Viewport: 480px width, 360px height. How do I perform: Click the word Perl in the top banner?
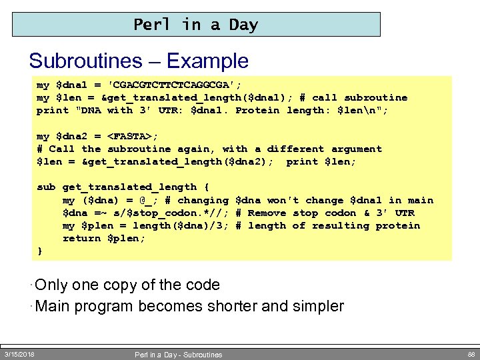pos(152,25)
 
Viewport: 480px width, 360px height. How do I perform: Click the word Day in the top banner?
pos(243,25)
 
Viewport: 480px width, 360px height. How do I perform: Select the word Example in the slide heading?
pos(207,61)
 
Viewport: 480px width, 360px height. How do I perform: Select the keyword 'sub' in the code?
pos(46,187)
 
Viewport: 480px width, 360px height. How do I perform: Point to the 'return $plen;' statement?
pos(103,238)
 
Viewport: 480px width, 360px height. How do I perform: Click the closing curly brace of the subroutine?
pos(40,251)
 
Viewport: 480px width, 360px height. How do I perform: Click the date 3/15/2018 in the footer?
pos(19,354)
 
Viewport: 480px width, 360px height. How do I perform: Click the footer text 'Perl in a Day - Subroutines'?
pos(178,355)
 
